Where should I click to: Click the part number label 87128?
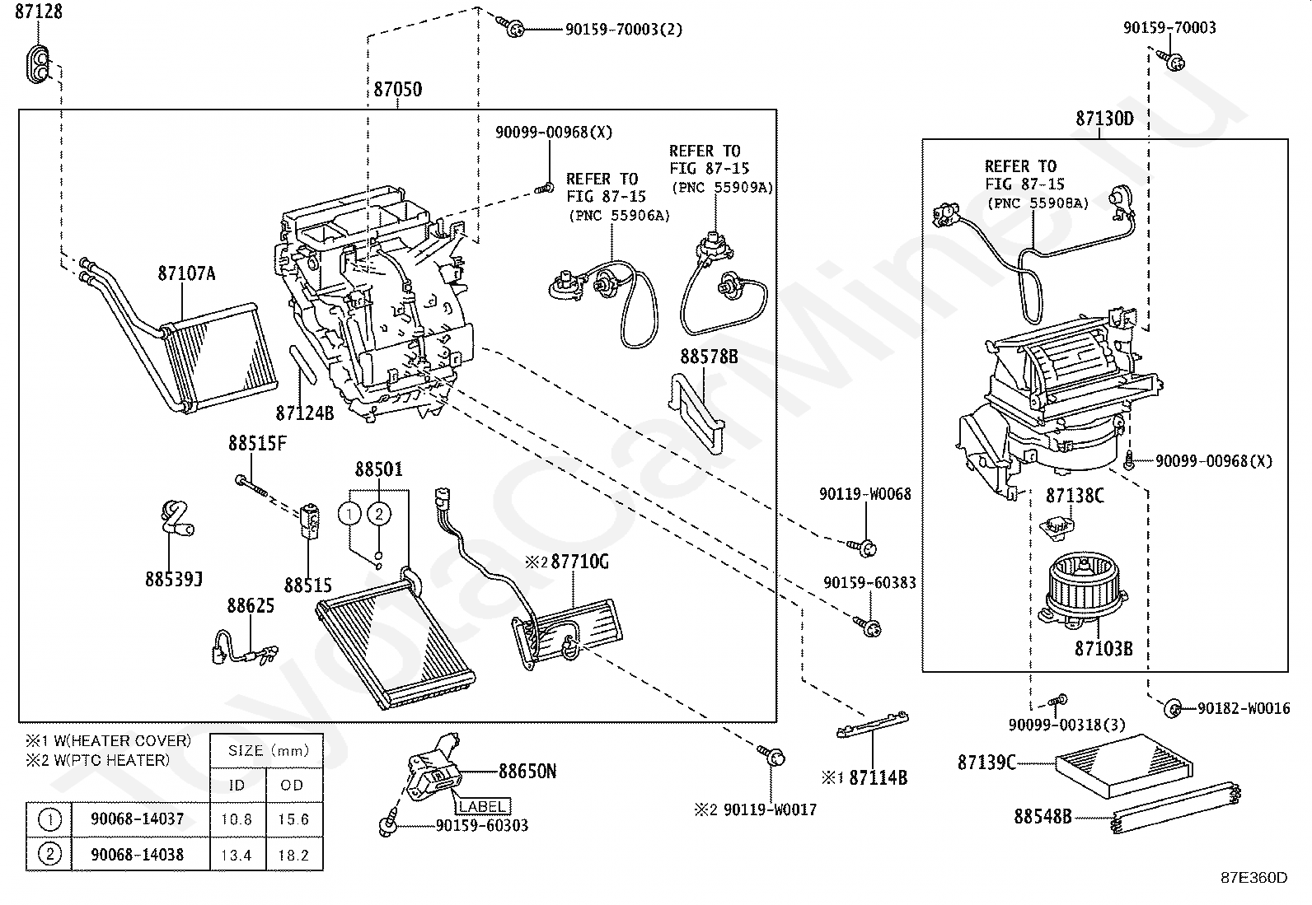(x=39, y=12)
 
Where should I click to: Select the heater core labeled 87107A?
(x=218, y=357)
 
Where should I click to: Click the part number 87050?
(x=398, y=90)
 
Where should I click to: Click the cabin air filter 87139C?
(x=1124, y=766)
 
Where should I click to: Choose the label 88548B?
(x=1043, y=816)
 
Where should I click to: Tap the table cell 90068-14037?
(x=138, y=819)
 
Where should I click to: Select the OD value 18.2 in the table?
(x=293, y=856)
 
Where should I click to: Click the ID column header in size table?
(x=237, y=785)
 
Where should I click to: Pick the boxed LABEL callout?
(x=482, y=807)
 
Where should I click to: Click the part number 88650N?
(x=527, y=772)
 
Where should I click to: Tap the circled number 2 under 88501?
(x=379, y=514)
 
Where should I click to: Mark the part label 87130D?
(x=1104, y=119)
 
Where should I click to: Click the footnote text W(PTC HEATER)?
(x=111, y=760)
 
